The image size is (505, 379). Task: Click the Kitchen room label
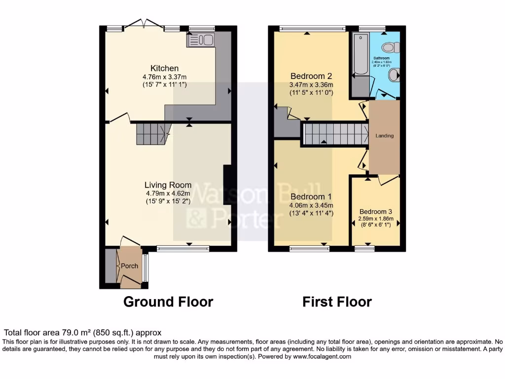point(164,68)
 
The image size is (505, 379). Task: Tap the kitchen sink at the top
point(200,40)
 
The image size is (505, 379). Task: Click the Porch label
point(129,266)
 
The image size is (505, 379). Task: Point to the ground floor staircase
point(152,133)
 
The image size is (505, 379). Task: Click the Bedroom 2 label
point(311,76)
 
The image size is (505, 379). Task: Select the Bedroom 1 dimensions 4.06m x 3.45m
point(311,206)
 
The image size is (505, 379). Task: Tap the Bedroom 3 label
point(376,209)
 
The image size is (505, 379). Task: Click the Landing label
point(385,136)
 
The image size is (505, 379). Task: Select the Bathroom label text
point(381,58)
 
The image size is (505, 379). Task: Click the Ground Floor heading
point(168,302)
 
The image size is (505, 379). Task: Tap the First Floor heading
point(337,302)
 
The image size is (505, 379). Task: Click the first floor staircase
point(335,134)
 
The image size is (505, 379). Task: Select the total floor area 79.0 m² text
point(83,333)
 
